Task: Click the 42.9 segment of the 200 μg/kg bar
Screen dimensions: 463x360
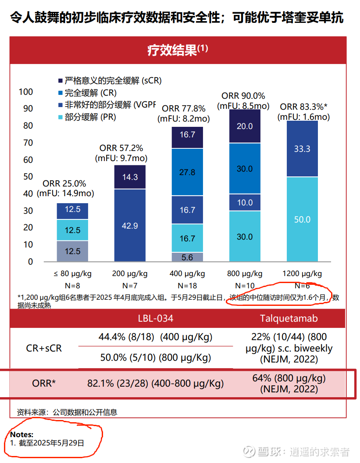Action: tap(130, 226)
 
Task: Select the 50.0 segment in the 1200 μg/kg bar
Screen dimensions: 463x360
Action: tap(302, 219)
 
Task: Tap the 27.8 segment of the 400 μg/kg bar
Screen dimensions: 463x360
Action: tap(187, 172)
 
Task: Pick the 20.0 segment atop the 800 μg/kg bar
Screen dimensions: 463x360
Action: tap(245, 126)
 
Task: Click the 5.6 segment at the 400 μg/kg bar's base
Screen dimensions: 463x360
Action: tap(187, 257)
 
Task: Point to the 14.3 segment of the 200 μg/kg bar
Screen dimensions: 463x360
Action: tap(130, 177)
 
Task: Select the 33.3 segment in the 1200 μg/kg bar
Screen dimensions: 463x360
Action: tap(302, 149)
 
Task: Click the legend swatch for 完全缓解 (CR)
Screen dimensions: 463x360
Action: tap(61, 93)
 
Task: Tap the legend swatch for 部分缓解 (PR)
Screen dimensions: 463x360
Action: tap(61, 117)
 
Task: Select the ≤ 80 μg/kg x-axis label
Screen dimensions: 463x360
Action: tap(73, 274)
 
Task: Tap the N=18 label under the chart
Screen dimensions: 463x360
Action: tap(187, 286)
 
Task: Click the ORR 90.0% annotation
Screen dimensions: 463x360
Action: tap(243, 96)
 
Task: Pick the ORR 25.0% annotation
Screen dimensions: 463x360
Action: tap(64, 184)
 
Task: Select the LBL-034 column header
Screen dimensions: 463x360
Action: tap(156, 318)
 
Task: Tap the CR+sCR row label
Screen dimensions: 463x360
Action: tap(44, 348)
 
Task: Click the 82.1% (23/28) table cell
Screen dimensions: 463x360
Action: tap(156, 384)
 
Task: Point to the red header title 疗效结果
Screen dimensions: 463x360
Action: tap(177, 50)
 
